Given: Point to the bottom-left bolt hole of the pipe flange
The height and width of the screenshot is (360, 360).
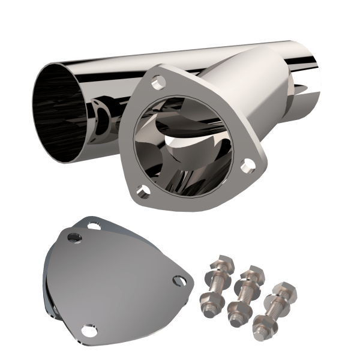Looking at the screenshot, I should (142, 191).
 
